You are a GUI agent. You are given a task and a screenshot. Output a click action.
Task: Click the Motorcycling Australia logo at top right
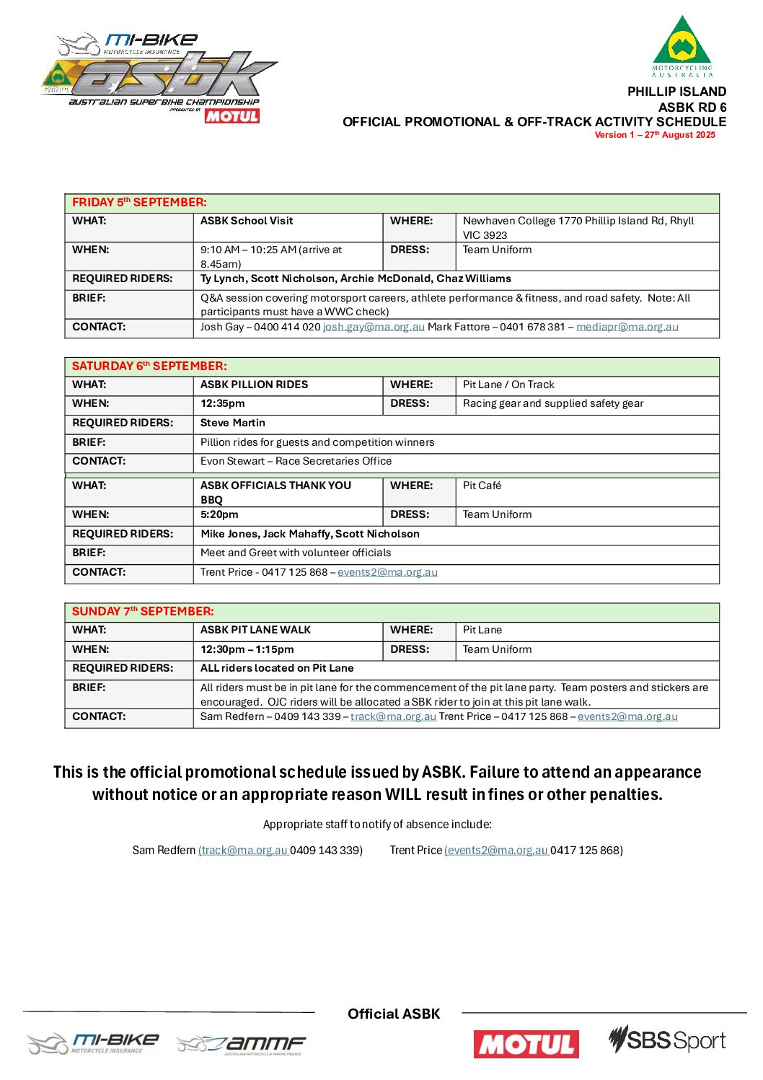pyautogui.click(x=682, y=46)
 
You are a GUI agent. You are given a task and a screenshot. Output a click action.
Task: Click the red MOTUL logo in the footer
pyautogui.click(x=526, y=1044)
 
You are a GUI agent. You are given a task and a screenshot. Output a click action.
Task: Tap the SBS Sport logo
pyautogui.click(x=666, y=1040)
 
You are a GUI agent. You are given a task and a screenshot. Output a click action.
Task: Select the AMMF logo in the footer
pyautogui.click(x=242, y=1044)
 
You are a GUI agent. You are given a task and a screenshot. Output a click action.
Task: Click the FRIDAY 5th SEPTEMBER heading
pyautogui.click(x=139, y=203)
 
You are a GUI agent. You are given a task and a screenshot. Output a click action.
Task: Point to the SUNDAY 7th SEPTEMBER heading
pyautogui.click(x=143, y=612)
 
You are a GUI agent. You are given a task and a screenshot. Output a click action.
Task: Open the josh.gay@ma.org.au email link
pyautogui.click(x=374, y=327)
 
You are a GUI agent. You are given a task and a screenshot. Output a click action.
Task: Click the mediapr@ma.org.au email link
pyautogui.click(x=627, y=327)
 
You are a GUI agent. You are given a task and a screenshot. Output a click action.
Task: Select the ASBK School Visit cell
pyautogui.click(x=247, y=221)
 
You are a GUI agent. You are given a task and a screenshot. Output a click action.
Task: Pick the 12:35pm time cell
pyautogui.click(x=223, y=403)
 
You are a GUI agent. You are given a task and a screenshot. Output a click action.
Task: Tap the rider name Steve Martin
pyautogui.click(x=233, y=423)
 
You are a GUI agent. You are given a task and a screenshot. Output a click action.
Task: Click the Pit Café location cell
pyautogui.click(x=482, y=486)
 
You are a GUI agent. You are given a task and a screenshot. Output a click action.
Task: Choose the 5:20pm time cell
pyautogui.click(x=219, y=514)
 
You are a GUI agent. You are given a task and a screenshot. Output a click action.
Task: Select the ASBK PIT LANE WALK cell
pyautogui.click(x=255, y=630)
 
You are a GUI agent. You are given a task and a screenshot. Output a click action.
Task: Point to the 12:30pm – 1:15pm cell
pyautogui.click(x=247, y=649)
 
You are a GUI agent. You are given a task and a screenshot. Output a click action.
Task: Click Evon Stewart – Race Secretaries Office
pyautogui.click(x=296, y=461)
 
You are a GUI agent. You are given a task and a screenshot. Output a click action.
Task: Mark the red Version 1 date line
pyautogui.click(x=654, y=135)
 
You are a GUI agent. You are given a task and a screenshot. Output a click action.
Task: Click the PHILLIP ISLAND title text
pyautogui.click(x=676, y=92)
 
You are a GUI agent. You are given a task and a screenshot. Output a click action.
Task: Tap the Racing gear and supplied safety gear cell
pyautogui.click(x=552, y=403)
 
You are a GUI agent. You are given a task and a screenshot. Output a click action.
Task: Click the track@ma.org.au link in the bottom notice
pyautogui.click(x=244, y=850)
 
